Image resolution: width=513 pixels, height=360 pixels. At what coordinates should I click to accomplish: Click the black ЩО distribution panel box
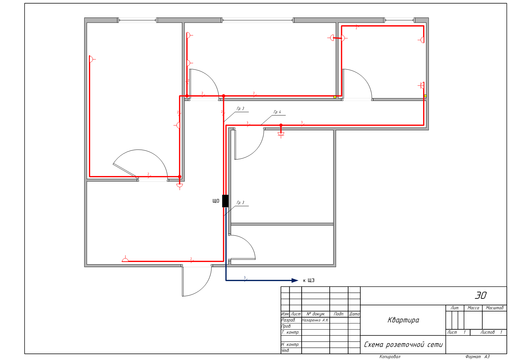click(225, 201)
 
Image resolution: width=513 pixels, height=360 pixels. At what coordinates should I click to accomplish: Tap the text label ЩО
click(216, 201)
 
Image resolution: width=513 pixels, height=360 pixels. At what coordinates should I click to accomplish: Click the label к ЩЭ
click(308, 280)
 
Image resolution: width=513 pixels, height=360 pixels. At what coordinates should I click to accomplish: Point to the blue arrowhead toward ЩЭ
click(295, 280)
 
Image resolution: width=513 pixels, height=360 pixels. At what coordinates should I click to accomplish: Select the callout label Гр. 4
click(277, 112)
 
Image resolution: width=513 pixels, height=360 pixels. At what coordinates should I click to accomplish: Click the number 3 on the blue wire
click(245, 278)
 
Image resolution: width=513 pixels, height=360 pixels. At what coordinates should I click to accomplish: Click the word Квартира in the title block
click(403, 320)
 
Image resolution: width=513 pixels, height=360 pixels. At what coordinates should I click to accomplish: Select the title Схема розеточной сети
click(403, 345)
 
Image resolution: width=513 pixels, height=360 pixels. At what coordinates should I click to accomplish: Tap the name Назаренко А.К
click(315, 320)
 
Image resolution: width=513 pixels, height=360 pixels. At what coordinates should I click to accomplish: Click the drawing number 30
click(481, 296)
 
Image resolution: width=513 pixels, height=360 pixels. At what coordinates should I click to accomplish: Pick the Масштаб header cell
click(495, 308)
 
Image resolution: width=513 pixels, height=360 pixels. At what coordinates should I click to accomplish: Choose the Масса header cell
click(473, 308)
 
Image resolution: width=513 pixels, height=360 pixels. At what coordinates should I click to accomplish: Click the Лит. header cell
click(455, 308)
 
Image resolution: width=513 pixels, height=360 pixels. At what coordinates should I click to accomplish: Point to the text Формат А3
click(477, 357)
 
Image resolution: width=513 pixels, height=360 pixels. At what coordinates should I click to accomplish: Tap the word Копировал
click(390, 357)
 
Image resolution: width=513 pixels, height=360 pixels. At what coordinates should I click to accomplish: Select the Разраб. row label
click(288, 320)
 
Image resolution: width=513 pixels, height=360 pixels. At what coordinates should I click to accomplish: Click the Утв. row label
click(285, 351)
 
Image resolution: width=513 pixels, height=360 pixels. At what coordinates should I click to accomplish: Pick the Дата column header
click(354, 314)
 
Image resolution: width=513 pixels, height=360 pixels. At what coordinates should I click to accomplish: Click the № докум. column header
click(315, 314)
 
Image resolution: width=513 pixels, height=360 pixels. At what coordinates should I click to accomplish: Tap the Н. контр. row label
click(290, 345)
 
